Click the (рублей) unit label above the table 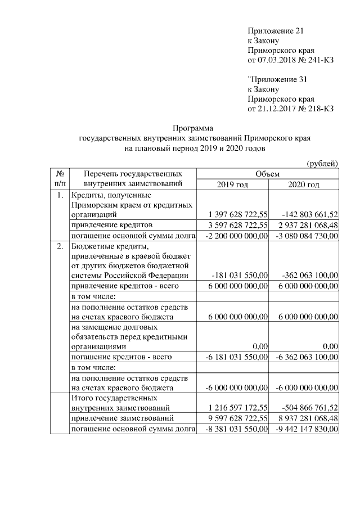[322, 164]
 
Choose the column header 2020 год [304, 184]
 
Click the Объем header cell [267, 174]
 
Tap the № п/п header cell [60, 179]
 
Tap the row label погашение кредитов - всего [120, 357]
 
